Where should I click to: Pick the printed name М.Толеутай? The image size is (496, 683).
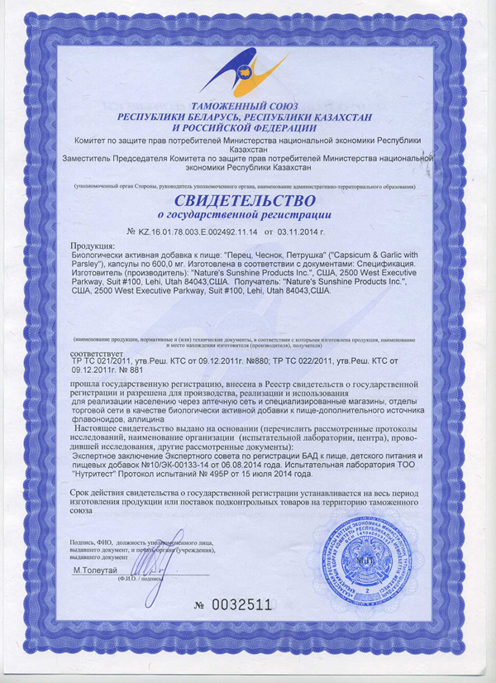click(95, 571)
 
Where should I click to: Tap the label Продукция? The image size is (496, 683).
click(93, 247)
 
